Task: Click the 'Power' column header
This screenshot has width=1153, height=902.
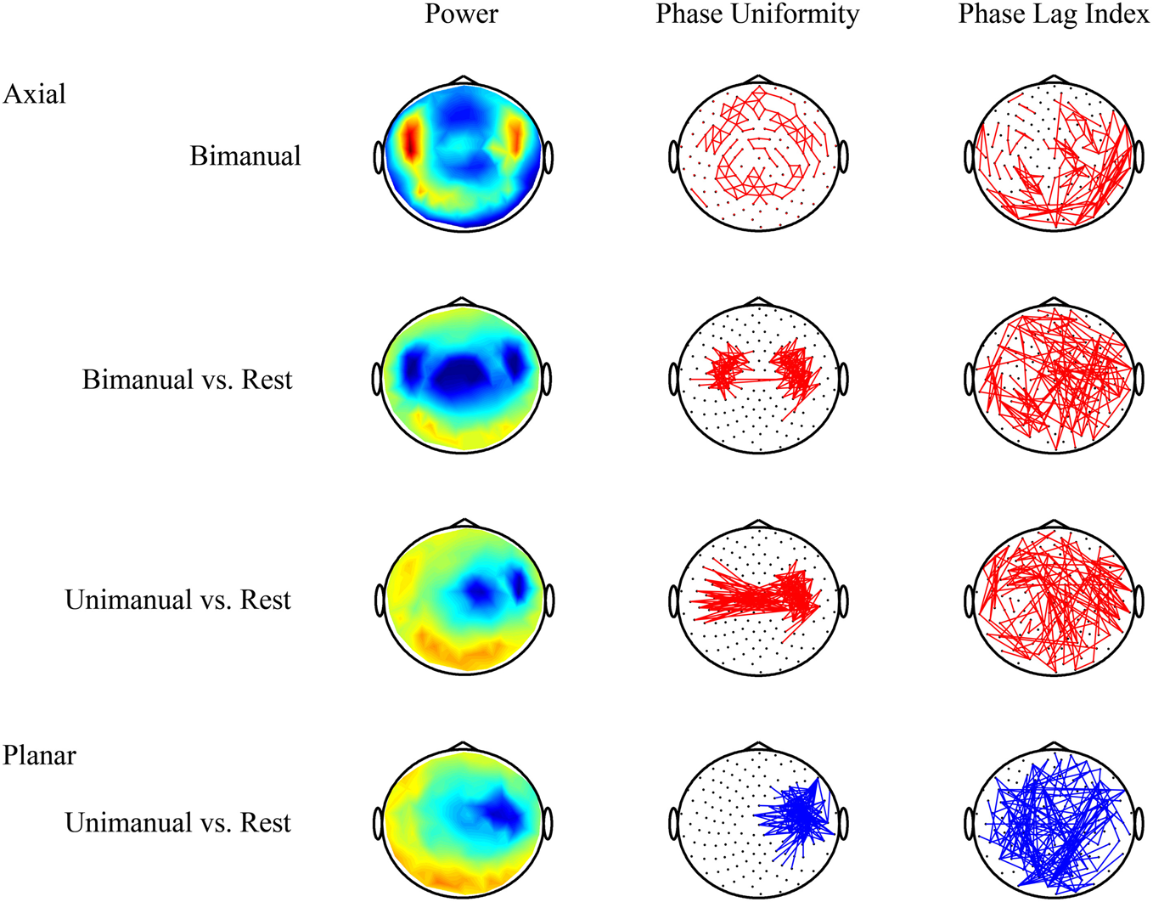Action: pos(461,14)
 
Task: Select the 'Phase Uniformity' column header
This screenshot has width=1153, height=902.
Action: pos(757,14)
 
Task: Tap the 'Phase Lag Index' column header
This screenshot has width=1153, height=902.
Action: pos(1054,14)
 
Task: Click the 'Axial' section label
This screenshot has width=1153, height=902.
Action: pos(34,93)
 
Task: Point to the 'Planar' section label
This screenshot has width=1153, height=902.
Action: pos(39,755)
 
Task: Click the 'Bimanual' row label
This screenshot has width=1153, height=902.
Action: pos(245,156)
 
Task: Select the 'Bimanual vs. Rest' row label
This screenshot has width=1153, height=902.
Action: pos(187,379)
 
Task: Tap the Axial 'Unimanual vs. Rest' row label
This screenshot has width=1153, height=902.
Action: pos(177,600)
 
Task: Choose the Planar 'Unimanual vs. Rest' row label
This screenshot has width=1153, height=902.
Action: pos(177,822)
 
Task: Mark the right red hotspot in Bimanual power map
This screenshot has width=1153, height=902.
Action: pos(515,135)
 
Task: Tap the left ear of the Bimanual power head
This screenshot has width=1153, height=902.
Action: pos(379,158)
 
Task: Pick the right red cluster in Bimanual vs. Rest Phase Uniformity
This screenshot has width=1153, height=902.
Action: pos(795,369)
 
